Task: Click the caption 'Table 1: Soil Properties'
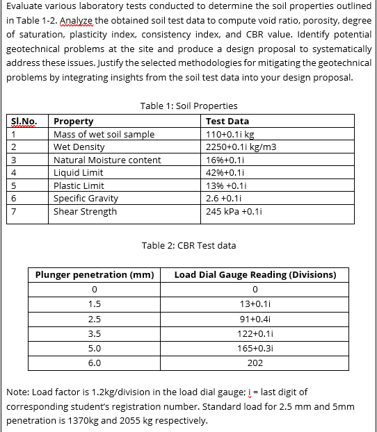188,106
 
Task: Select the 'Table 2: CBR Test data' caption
188,245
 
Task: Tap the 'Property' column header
73,122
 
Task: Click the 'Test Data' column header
227,122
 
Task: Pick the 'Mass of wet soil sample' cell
104,134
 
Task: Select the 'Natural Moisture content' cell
106,160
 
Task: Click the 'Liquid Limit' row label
78,172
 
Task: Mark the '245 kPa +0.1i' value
234,211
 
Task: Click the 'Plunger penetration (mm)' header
95,275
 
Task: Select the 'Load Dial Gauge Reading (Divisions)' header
255,275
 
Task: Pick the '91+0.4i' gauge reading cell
255,319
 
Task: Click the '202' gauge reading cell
255,363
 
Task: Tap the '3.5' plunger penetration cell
95,333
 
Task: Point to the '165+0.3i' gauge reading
255,348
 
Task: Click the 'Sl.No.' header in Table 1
25,122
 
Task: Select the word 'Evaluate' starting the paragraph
25,8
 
